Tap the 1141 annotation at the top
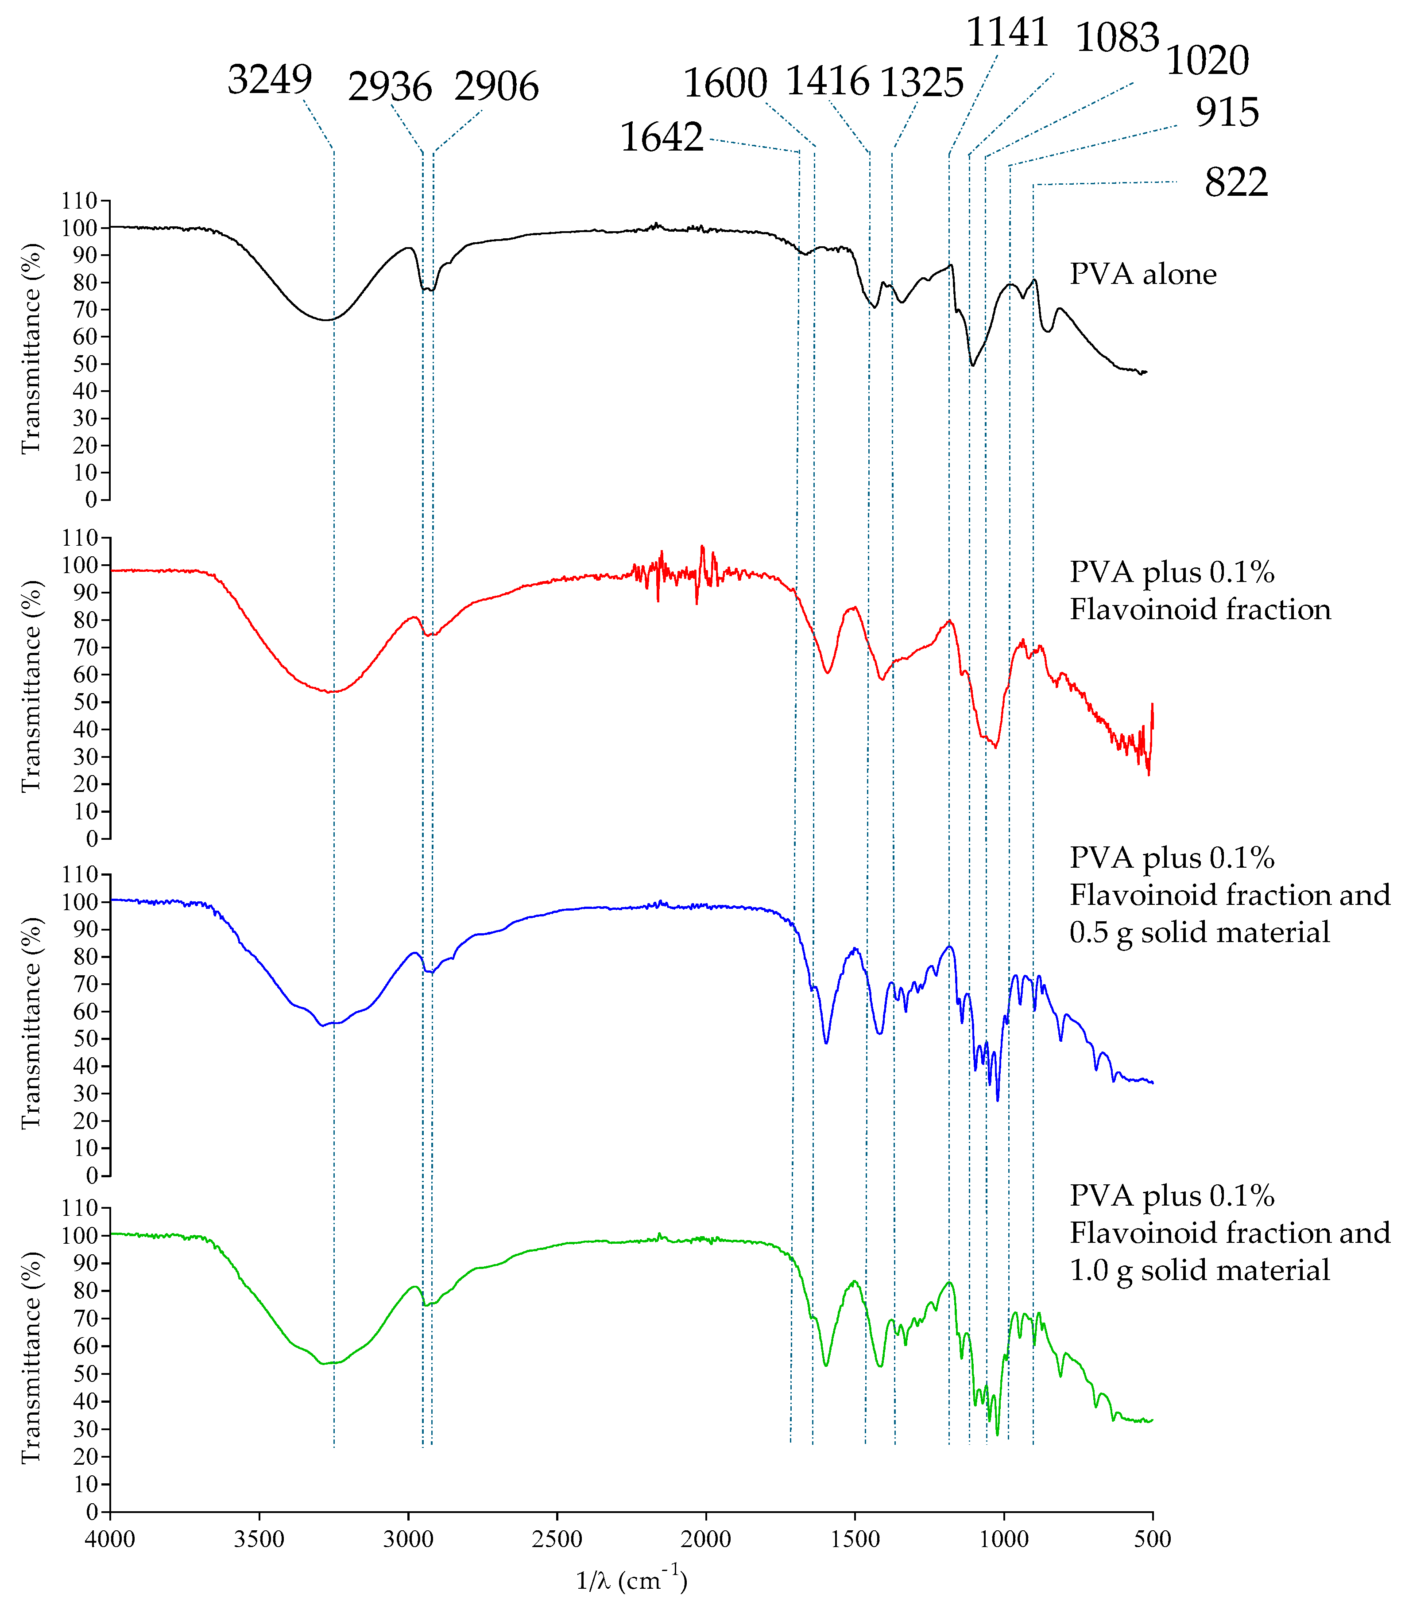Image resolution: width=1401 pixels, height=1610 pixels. pyautogui.click(x=1007, y=33)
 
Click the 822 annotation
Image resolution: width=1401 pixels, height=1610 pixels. pyautogui.click(x=1235, y=182)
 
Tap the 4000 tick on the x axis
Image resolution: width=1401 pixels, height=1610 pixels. pyautogui.click(x=110, y=1539)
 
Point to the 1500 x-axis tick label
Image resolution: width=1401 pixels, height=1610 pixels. pyautogui.click(x=855, y=1539)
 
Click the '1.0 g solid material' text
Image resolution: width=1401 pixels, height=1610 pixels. pyautogui.click(x=1199, y=1270)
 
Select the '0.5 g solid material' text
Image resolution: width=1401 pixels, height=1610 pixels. pyautogui.click(x=1199, y=932)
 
